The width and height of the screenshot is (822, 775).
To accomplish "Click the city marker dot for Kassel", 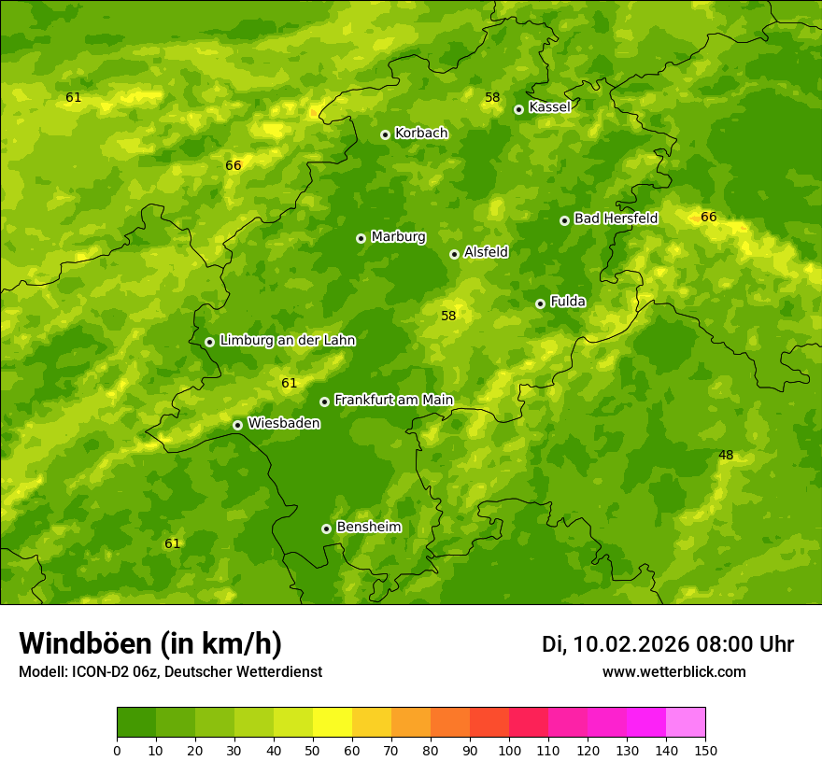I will (518, 109).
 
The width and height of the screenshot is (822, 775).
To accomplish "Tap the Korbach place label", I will (421, 134).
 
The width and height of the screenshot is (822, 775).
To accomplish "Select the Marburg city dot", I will (361, 238).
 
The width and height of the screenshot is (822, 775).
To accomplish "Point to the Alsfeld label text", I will (486, 252).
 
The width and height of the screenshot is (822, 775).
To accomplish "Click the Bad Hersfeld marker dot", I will (564, 220).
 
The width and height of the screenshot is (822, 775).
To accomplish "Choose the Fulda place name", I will (568, 302).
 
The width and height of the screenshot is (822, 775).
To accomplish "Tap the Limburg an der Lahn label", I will (287, 341).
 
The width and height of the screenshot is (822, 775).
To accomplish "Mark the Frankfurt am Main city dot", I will (324, 402).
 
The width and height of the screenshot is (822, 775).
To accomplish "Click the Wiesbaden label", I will (284, 424).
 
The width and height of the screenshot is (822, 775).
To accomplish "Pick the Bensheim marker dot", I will (326, 528).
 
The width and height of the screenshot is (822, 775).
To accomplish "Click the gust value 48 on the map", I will (726, 456).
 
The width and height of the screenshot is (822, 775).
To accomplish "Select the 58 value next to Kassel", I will (492, 97).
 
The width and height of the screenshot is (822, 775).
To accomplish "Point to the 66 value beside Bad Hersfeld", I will (709, 218).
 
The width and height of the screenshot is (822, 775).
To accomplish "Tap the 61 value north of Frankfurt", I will (289, 383).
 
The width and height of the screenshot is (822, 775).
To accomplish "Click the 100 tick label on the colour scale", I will (509, 750).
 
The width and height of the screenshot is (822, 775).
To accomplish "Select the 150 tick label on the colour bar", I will (705, 750).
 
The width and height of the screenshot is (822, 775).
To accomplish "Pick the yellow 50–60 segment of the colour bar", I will (333, 723).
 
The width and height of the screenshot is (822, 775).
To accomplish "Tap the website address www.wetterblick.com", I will (673, 672).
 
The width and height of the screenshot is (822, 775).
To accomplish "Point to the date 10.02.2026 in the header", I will (631, 644).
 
